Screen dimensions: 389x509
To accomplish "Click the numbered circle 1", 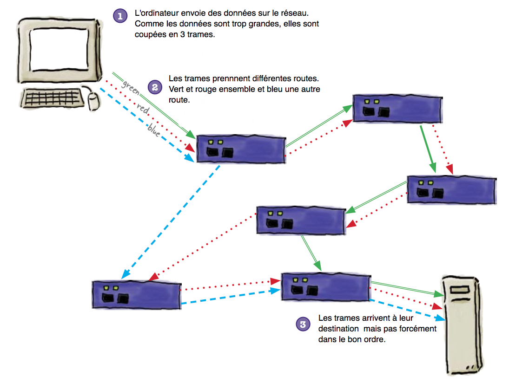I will coord(120,16).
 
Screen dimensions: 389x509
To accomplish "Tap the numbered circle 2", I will coord(154,86).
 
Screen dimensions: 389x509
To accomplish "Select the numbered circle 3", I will coord(303,324).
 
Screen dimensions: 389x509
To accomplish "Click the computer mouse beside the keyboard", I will coord(94,101).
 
